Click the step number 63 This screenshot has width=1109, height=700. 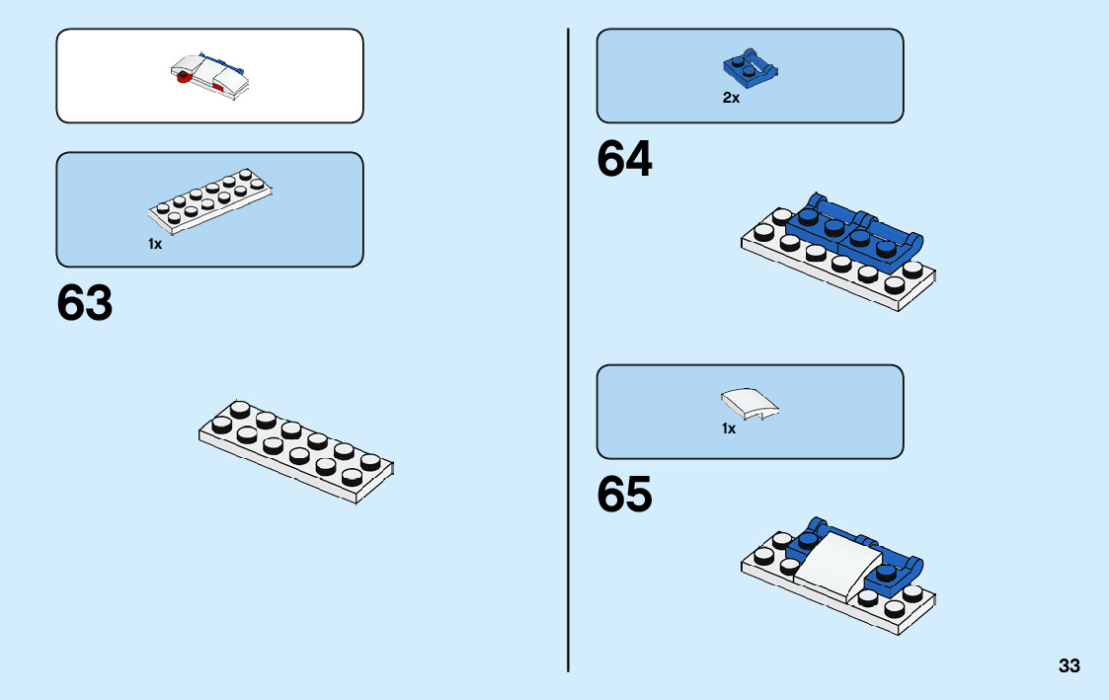pyautogui.click(x=85, y=303)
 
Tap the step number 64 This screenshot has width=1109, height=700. pyautogui.click(x=624, y=159)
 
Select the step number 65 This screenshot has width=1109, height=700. pyautogui.click(x=624, y=495)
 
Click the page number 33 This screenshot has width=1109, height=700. pyautogui.click(x=1069, y=665)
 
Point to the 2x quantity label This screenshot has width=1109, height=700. pyautogui.click(x=731, y=98)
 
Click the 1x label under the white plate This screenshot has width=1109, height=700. pyautogui.click(x=155, y=243)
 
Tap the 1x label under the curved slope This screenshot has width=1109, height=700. pyautogui.click(x=729, y=428)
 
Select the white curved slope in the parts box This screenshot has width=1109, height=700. pyautogui.click(x=750, y=403)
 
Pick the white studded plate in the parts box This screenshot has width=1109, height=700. pyautogui.click(x=210, y=202)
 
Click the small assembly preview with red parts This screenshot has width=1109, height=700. pyautogui.click(x=210, y=76)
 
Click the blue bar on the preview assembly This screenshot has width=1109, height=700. pyautogui.click(x=215, y=58)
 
